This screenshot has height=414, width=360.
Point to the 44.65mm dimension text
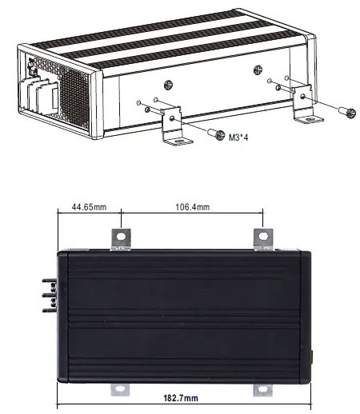pyautogui.click(x=88, y=208)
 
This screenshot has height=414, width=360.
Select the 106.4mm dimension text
pyautogui.click(x=192, y=208)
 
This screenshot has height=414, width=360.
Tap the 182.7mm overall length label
pyautogui.click(x=181, y=398)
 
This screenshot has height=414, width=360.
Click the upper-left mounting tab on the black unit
pyautogui.click(x=121, y=239)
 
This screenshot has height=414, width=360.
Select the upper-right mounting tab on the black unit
pyautogui.click(x=262, y=239)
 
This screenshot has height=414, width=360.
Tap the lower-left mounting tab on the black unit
pyautogui.click(x=121, y=389)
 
